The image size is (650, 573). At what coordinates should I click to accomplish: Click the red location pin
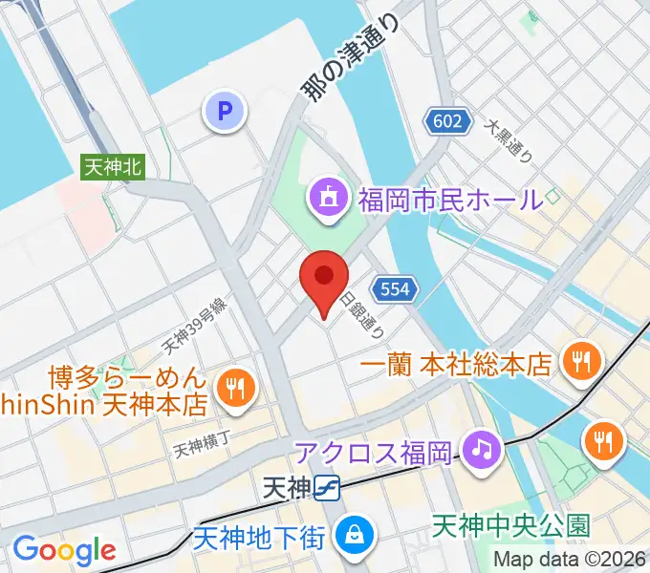pyautogui.click(x=324, y=280)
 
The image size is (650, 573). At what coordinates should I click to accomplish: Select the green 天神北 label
pyautogui.click(x=112, y=166)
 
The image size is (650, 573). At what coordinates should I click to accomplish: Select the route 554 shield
pyautogui.click(x=394, y=288)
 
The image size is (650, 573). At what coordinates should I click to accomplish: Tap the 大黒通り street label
pyautogui.click(x=508, y=139)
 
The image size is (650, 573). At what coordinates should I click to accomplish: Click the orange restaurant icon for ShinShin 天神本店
pyautogui.click(x=233, y=388)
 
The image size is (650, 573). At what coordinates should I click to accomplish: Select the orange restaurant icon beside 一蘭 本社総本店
pyautogui.click(x=579, y=361)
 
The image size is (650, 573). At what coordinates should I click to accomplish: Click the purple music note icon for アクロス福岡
pyautogui.click(x=480, y=448)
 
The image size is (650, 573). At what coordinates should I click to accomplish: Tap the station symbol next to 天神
pyautogui.click(x=328, y=488)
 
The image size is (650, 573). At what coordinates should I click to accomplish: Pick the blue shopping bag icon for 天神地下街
pyautogui.click(x=355, y=532)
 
